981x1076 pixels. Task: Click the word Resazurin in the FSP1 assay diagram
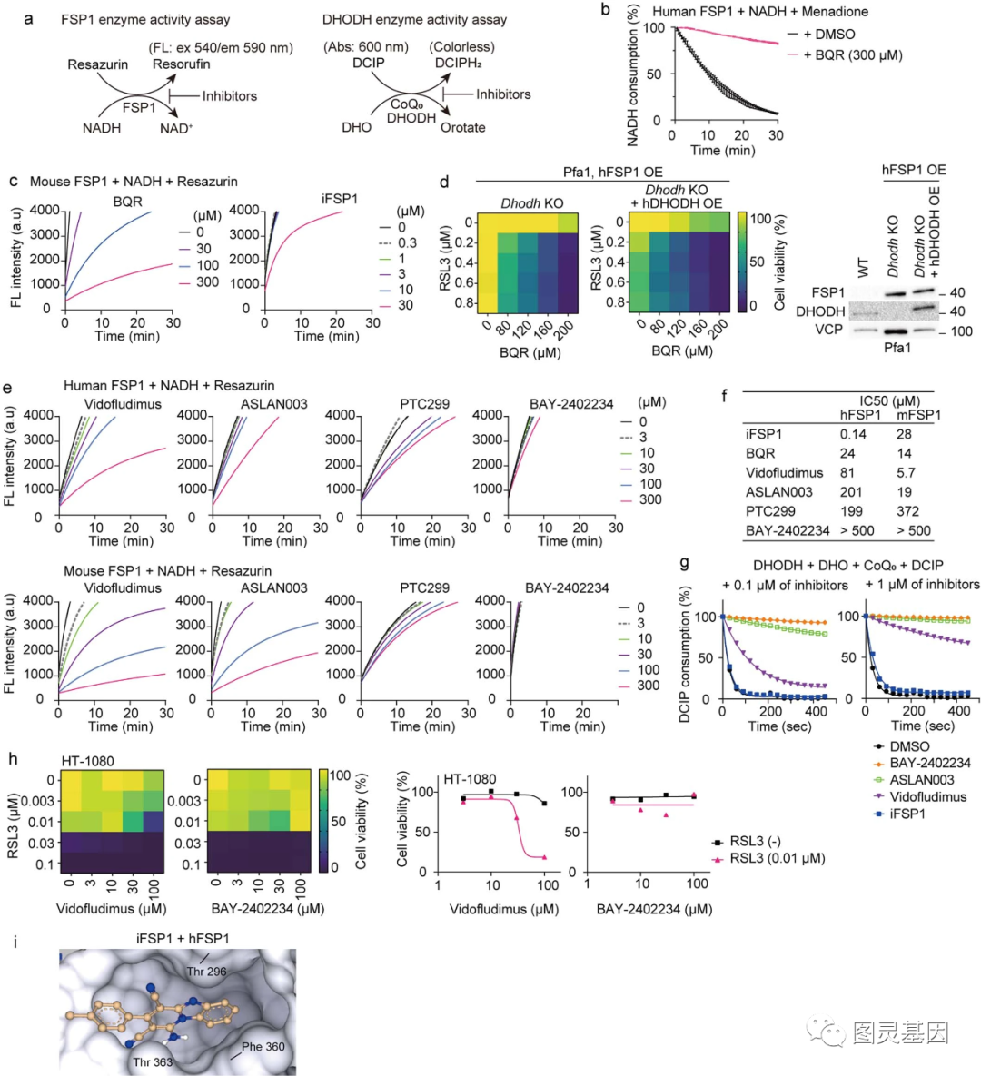click(x=97, y=65)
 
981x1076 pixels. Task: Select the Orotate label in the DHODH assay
click(x=462, y=128)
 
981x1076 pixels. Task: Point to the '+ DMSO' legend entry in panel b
click(x=828, y=35)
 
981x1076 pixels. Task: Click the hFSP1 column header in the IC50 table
click(x=858, y=415)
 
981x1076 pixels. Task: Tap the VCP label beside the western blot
click(x=827, y=330)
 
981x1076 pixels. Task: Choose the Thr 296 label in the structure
click(x=207, y=971)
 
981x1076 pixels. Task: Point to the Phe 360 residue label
click(x=263, y=1047)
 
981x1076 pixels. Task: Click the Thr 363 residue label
click(x=153, y=1061)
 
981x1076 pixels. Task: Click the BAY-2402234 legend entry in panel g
click(x=929, y=763)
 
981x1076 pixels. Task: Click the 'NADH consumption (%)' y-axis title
click(x=633, y=75)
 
